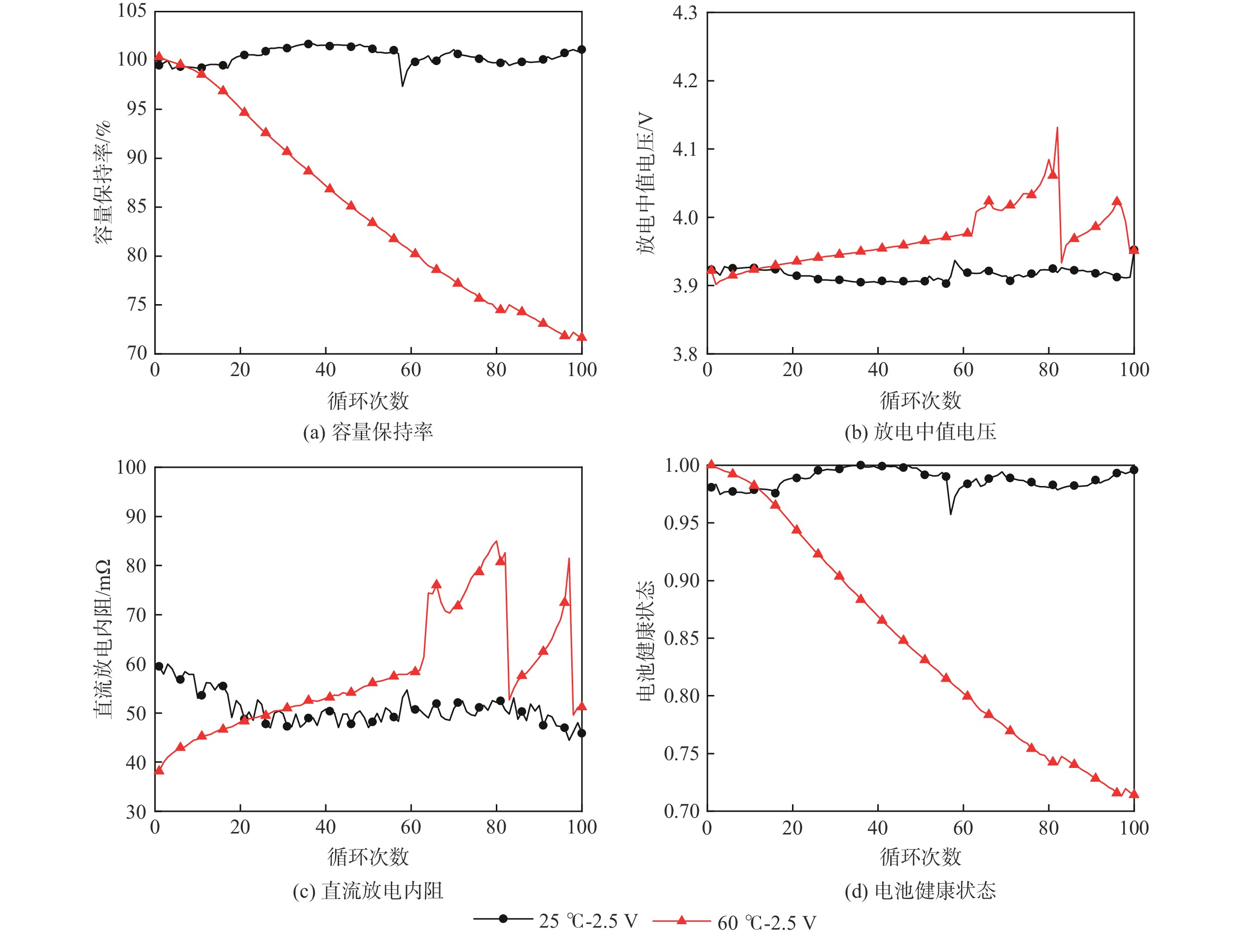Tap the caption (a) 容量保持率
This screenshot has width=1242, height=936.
pos(368,432)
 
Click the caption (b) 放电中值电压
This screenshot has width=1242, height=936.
pos(920,432)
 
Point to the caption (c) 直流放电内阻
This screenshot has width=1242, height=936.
pos(368,891)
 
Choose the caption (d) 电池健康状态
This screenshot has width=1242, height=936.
pos(920,891)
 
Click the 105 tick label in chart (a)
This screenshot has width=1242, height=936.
pos(132,11)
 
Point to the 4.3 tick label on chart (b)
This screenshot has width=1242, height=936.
pos(685,12)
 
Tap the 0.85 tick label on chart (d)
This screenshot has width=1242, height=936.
pos(681,638)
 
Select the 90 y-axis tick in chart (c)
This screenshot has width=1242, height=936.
pos(136,517)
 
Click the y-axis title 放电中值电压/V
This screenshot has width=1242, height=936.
pos(646,182)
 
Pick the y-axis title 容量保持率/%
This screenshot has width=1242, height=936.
pos(102,182)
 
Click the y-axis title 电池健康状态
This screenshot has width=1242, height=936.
pos(646,640)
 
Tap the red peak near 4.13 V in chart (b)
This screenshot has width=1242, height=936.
pos(1057,128)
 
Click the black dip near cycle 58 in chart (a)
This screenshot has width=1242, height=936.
pos(403,85)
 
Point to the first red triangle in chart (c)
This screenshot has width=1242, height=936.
pos(159,770)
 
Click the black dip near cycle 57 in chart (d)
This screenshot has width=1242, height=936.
pos(951,514)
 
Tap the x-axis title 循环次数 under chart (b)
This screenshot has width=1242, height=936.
pos(920,400)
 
